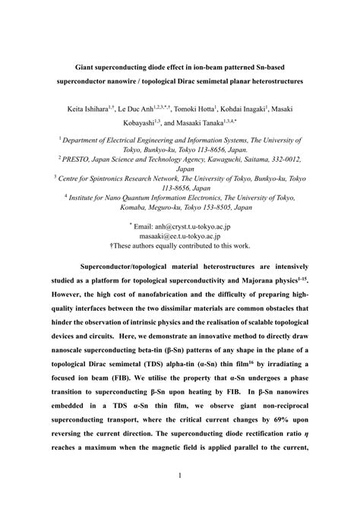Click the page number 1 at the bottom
(x=180, y=477)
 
